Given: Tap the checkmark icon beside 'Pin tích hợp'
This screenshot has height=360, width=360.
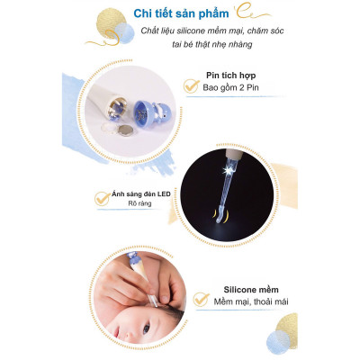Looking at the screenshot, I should coord(191,85).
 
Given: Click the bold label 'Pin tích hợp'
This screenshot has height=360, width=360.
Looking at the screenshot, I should coord(229,76).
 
